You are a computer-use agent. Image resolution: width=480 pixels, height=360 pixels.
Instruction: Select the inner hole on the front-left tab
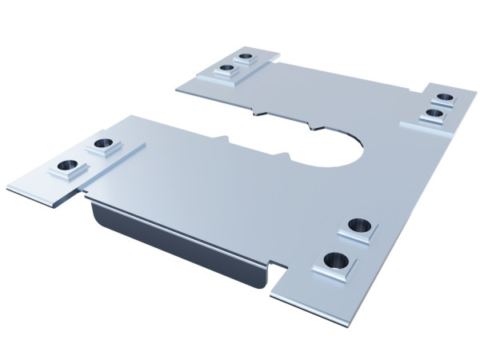(102, 144)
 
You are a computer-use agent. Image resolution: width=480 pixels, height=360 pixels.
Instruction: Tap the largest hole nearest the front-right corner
(336, 259)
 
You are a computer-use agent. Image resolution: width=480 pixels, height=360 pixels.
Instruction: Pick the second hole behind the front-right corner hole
(358, 226)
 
